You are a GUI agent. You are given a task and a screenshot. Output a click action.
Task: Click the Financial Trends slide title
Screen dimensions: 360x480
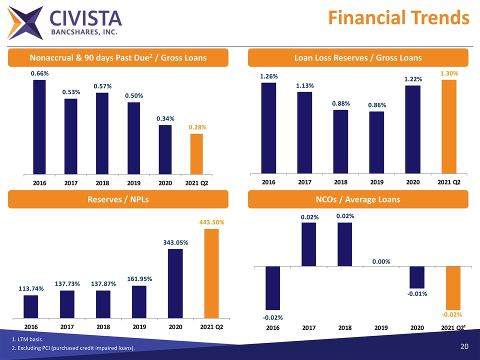pos(398,17)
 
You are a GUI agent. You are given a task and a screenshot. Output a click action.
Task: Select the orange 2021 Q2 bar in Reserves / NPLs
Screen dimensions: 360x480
pos(211,273)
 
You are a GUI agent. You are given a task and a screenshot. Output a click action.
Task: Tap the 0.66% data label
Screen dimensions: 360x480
pos(39,73)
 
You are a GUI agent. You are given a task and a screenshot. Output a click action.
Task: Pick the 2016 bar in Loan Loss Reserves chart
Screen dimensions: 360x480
pos(268,128)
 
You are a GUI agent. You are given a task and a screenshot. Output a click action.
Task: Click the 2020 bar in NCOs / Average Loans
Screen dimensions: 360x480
pos(417,277)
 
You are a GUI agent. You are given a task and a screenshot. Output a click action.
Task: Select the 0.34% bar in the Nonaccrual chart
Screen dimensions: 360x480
pos(165,149)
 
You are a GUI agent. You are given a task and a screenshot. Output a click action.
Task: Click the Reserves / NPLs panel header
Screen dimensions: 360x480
pos(118,199)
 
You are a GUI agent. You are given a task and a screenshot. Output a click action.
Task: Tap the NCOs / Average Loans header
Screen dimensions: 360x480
pos(358,199)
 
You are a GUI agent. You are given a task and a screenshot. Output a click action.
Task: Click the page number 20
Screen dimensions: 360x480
pos(463,346)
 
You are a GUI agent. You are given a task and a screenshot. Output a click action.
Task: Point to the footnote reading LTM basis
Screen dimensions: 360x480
pos(27,340)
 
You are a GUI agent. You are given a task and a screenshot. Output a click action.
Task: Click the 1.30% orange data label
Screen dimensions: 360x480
pos(449,73)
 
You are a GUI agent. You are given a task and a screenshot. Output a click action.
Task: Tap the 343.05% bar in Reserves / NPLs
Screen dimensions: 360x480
pos(175,283)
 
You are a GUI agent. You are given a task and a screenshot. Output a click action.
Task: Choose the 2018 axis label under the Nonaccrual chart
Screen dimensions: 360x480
pos(102,183)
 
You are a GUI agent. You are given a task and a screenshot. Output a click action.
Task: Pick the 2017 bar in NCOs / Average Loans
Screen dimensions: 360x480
pos(308,244)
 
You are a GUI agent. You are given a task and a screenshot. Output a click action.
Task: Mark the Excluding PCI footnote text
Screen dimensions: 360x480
pos(73,348)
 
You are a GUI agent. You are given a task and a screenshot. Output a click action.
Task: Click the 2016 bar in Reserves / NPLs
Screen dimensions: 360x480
pos(31,306)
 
